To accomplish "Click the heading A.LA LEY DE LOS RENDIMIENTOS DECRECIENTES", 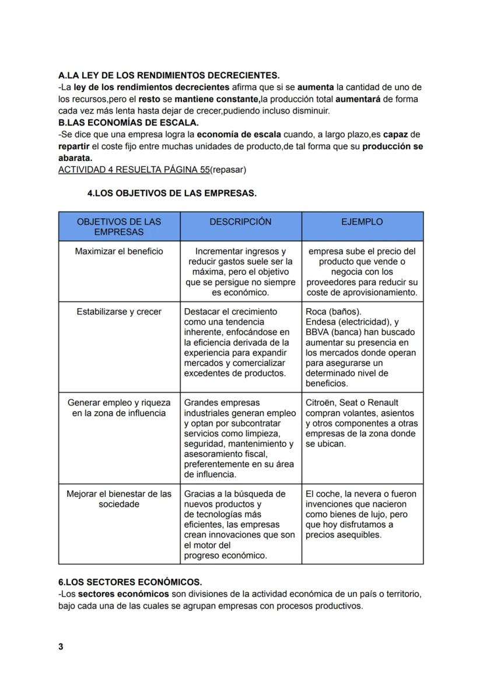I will [169, 76].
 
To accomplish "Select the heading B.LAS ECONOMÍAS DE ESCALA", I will [129, 123].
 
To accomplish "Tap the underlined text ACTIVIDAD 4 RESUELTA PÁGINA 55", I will [134, 170].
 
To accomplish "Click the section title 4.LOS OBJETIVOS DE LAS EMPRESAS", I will [171, 194].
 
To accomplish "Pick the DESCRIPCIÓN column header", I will [240, 222].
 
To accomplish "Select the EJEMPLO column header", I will [362, 222].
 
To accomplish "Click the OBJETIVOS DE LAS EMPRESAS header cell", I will [119, 227].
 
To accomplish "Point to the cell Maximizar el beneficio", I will [119, 251].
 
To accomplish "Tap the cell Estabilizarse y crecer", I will [119, 312].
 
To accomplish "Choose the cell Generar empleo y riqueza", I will [119, 408].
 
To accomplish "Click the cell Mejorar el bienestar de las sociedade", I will [119, 499].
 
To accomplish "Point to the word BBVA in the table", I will [317, 333].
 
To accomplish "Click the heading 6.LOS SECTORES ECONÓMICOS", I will [130, 582].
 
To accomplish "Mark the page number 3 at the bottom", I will [61, 647].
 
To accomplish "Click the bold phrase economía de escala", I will [239, 134].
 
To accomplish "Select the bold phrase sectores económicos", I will [123, 594].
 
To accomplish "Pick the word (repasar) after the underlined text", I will [228, 170].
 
